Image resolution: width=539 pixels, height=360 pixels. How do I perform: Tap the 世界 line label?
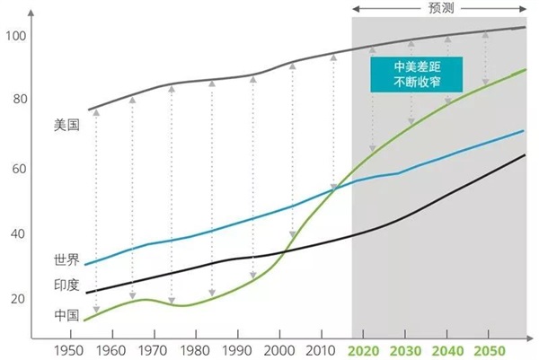coord(67,260)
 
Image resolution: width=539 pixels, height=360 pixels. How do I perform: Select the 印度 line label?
coord(67,285)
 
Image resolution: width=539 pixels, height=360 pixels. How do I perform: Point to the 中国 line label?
coord(67,315)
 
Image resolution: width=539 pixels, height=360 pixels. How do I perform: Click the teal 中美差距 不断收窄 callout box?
coord(416,75)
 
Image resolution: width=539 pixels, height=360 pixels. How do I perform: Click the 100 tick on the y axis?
coord(16,35)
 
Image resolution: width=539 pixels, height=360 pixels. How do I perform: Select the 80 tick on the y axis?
coord(19,101)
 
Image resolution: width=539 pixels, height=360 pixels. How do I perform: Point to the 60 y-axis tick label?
coord(19,168)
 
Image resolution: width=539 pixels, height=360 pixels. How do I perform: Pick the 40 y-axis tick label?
coord(19,233)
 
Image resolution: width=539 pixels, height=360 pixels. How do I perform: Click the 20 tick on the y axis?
coord(19,299)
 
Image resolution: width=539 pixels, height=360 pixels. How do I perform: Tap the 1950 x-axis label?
coord(69,350)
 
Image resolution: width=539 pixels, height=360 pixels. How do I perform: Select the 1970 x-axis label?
coord(152,350)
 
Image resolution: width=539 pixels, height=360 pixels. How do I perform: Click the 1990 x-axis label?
coord(235,350)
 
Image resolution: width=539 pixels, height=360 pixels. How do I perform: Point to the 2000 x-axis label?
coord(278,350)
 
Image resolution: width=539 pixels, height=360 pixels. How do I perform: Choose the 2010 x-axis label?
coord(319,350)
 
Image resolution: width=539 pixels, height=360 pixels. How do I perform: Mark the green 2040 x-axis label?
coord(446,350)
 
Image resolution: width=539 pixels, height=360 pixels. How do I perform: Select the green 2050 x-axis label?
coord(489,350)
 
